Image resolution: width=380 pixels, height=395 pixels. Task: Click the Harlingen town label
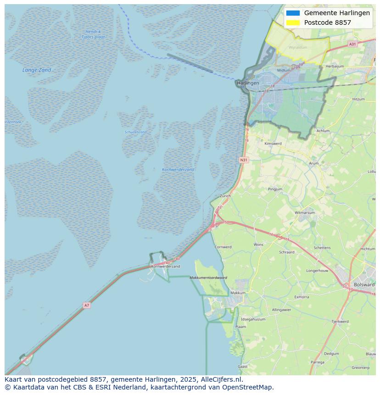click(x=248, y=83)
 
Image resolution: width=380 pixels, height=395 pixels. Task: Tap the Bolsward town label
click(x=364, y=284)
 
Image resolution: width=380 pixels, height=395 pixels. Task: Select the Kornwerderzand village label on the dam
click(x=165, y=266)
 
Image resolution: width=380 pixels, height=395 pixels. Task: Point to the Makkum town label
click(x=238, y=293)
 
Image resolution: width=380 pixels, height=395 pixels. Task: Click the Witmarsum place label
click(x=305, y=213)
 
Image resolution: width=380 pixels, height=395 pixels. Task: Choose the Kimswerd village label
click(x=273, y=144)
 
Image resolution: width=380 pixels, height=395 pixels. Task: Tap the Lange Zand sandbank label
click(x=37, y=70)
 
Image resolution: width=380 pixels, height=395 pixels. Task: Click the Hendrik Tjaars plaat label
click(x=93, y=34)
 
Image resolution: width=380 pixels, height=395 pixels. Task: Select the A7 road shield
click(x=86, y=305)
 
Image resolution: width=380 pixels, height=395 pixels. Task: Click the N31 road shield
click(x=244, y=160)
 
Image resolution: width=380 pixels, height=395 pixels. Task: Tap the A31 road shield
click(x=352, y=44)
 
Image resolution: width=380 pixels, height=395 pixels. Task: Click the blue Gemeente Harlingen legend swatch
click(x=293, y=13)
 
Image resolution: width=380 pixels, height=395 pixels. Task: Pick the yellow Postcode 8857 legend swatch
click(x=293, y=22)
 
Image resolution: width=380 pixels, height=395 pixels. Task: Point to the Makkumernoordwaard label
click(x=209, y=278)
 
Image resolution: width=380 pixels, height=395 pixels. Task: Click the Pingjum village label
click(x=275, y=189)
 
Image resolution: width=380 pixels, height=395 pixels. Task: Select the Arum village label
click(x=314, y=163)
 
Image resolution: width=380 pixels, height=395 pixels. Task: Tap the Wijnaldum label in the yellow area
click(x=298, y=47)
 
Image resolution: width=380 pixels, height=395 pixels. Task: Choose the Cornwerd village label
click(x=223, y=247)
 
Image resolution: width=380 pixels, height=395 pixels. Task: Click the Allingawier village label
click(x=281, y=310)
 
